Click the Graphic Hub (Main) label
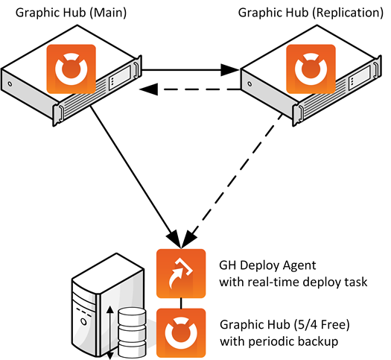[71, 13]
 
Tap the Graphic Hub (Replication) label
[311, 13]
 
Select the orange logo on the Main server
[71, 69]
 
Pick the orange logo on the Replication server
[311, 69]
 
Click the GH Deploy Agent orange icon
[181, 274]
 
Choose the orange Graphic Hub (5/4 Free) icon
[181, 333]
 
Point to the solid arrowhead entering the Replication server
[230, 70]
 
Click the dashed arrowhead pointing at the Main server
[149, 89]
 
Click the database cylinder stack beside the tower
[132, 332]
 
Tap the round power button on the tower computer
[83, 320]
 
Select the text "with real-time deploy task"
[293, 282]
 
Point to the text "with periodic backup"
[279, 341]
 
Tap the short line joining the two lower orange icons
[181, 303]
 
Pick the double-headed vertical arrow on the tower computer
[109, 333]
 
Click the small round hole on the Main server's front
[10, 83]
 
